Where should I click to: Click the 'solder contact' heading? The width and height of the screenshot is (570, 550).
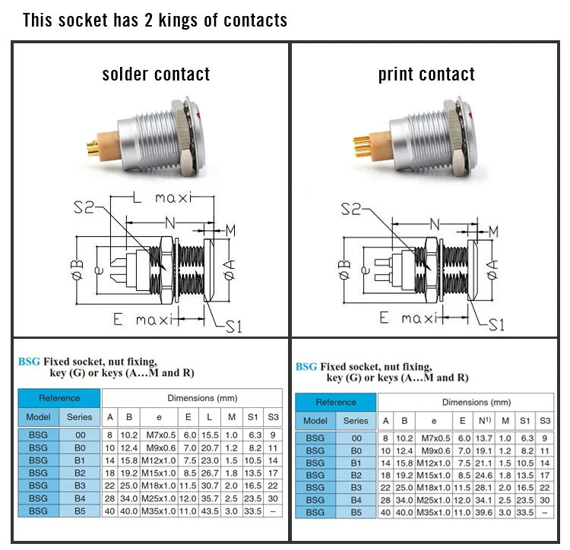[156, 74]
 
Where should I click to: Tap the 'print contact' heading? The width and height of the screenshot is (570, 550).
[426, 74]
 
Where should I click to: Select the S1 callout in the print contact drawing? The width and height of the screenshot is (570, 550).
[496, 325]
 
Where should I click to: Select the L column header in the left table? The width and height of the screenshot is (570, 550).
[210, 417]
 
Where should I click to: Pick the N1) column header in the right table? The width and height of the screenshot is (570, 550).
[483, 421]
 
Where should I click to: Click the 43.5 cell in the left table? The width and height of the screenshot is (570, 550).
[210, 511]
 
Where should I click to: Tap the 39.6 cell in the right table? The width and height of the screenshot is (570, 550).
[483, 513]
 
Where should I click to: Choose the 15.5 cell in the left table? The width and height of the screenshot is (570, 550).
[210, 435]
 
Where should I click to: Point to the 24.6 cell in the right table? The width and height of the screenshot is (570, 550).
[483, 475]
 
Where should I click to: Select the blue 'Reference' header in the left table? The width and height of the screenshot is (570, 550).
[59, 398]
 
